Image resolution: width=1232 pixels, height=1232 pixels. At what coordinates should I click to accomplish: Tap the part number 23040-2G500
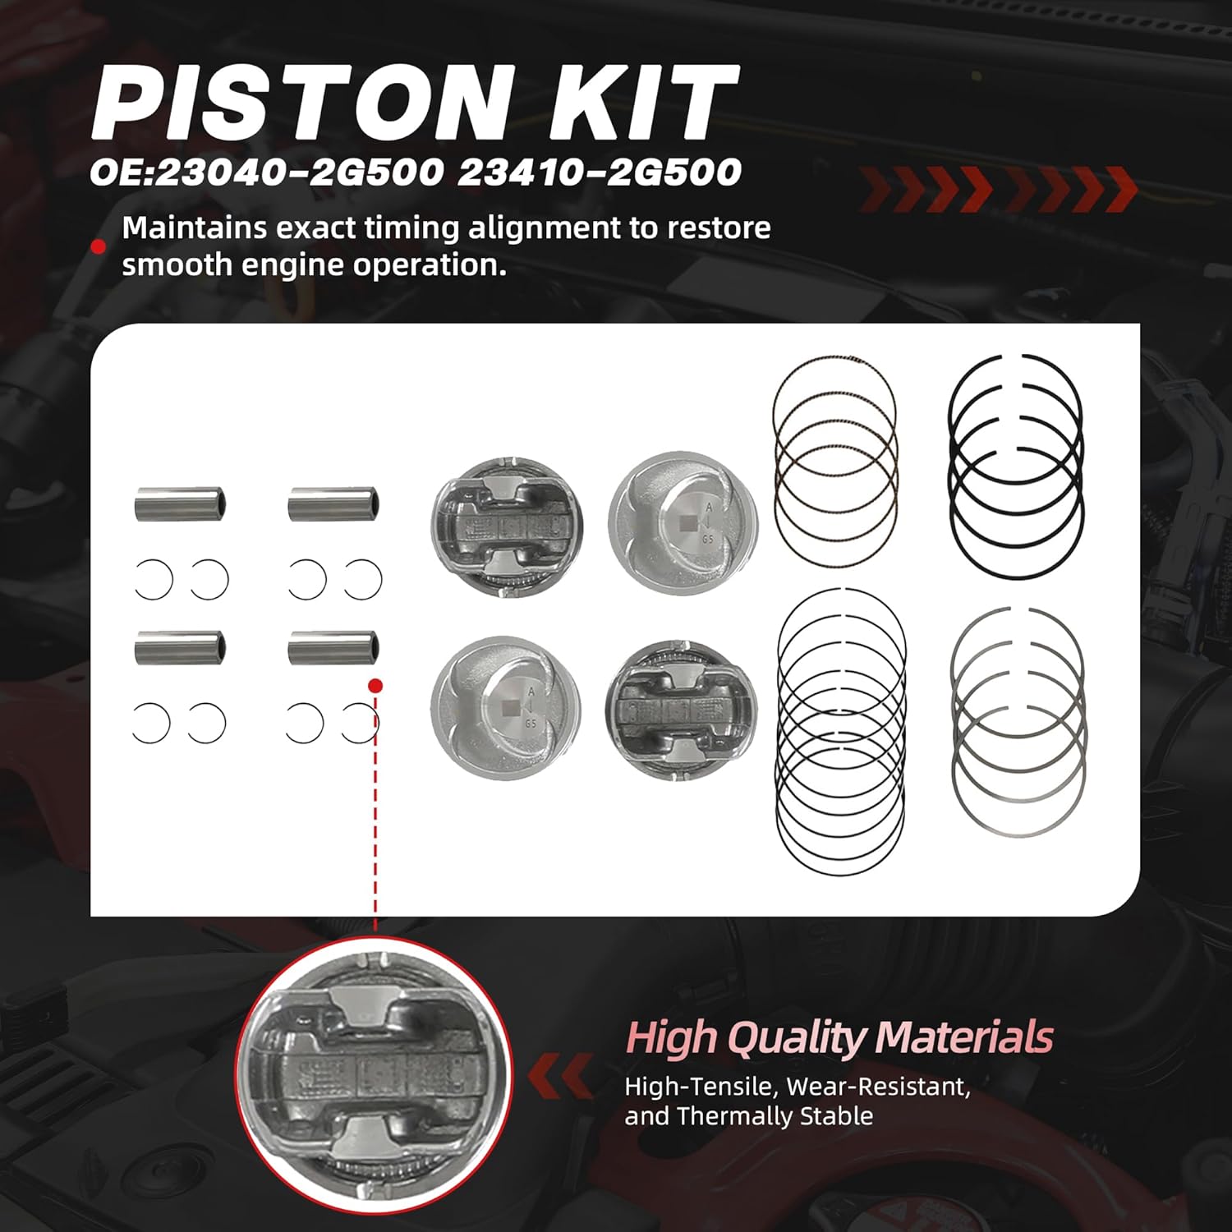pos(297,172)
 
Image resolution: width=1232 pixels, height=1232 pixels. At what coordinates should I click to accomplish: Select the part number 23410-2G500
pos(600,172)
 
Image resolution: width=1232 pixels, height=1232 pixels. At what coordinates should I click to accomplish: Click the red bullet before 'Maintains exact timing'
pos(99,246)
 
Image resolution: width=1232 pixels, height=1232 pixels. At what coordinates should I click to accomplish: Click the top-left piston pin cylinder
pos(180,504)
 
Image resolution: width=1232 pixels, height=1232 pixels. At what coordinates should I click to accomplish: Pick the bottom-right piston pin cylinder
pos(333,649)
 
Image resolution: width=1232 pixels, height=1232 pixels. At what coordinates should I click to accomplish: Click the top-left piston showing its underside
pos(507,526)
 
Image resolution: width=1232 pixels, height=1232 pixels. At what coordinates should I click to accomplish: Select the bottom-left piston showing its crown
pos(506,707)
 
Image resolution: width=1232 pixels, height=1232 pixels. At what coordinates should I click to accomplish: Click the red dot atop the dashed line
pos(375,686)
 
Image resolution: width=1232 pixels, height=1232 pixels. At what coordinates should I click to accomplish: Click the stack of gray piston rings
pos(1018,723)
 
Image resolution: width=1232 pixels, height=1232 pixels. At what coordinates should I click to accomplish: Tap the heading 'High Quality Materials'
pos(839,1037)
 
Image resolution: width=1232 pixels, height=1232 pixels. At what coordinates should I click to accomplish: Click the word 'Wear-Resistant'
pos(878,1087)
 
